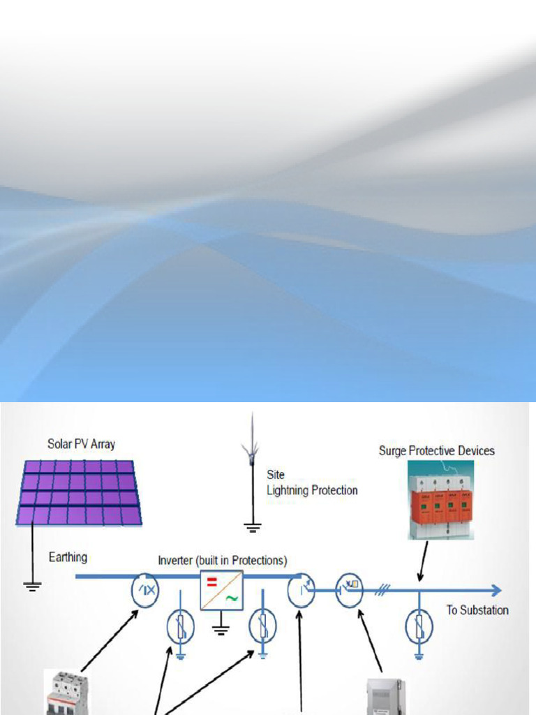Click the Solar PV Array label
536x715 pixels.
[81, 444]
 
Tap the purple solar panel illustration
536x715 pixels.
[79, 492]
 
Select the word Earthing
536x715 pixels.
[68, 557]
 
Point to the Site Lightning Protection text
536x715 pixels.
[311, 482]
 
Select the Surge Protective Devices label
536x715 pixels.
[436, 451]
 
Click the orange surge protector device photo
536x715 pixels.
[440, 500]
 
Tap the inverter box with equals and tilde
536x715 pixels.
[221, 590]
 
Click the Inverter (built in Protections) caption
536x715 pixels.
[223, 561]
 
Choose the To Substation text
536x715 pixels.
[477, 610]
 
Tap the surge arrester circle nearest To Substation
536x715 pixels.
[419, 626]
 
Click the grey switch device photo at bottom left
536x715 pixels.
[66, 693]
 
